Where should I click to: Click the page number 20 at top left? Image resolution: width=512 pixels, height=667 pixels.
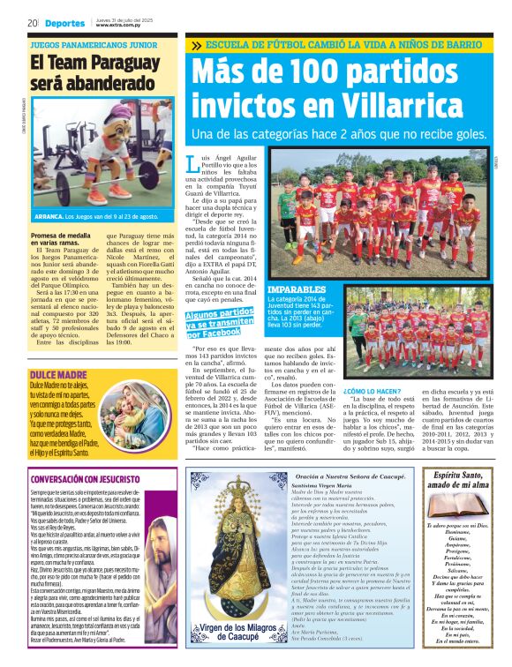coord(32,23)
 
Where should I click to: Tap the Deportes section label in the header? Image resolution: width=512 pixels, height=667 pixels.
coord(64,23)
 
